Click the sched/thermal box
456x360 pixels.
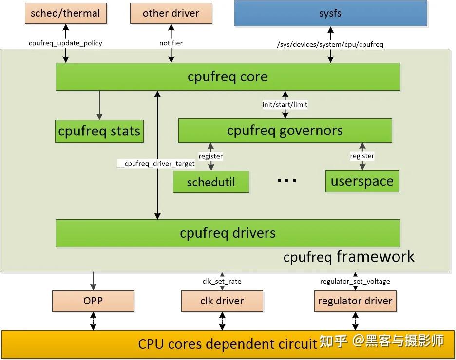(x=66, y=13)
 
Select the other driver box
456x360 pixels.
(x=171, y=13)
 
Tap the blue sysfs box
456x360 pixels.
(x=330, y=13)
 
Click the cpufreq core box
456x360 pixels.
(x=228, y=76)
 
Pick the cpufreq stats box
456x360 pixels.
(x=99, y=131)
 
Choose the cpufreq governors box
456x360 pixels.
(x=285, y=131)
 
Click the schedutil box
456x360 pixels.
(x=211, y=182)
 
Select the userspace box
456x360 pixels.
(x=362, y=181)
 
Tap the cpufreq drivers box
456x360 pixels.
(x=228, y=233)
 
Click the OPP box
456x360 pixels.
(x=93, y=301)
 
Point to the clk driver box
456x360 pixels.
(x=222, y=301)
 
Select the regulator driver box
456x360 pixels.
(x=355, y=301)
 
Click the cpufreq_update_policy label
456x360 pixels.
(x=66, y=43)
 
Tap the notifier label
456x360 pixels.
(x=171, y=43)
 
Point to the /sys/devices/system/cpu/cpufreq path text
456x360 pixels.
(x=330, y=45)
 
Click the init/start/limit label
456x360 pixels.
(x=285, y=104)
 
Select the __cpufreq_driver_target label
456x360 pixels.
(x=156, y=164)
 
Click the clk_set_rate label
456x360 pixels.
(x=222, y=281)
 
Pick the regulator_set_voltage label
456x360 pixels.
(x=355, y=281)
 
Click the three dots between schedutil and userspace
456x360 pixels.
(x=287, y=181)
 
